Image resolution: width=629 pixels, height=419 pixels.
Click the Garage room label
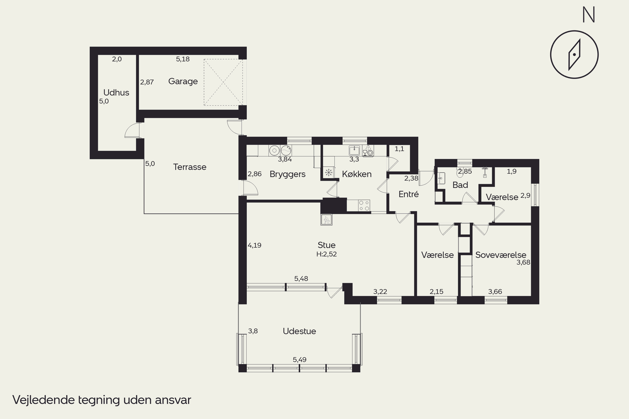[x=183, y=81]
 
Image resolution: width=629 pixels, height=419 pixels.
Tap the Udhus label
[x=116, y=92]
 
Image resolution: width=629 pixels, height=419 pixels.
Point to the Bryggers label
[x=287, y=174]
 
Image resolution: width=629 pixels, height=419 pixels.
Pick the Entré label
[x=409, y=194]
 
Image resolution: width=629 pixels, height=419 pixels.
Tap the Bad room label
[x=460, y=185]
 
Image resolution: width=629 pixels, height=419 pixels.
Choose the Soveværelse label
[x=501, y=255]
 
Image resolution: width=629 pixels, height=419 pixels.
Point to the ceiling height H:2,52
[x=326, y=254]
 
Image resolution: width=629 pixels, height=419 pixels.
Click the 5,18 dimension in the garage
[x=183, y=59]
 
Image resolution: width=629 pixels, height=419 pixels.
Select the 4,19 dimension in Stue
[x=254, y=245]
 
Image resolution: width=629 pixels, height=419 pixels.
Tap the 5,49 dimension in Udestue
[x=300, y=360]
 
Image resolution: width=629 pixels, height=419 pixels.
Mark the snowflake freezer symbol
[x=328, y=172]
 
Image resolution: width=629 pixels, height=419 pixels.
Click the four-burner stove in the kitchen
[x=364, y=206]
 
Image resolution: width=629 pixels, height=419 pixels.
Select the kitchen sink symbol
[x=354, y=150]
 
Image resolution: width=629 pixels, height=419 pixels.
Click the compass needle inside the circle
[x=574, y=54]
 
